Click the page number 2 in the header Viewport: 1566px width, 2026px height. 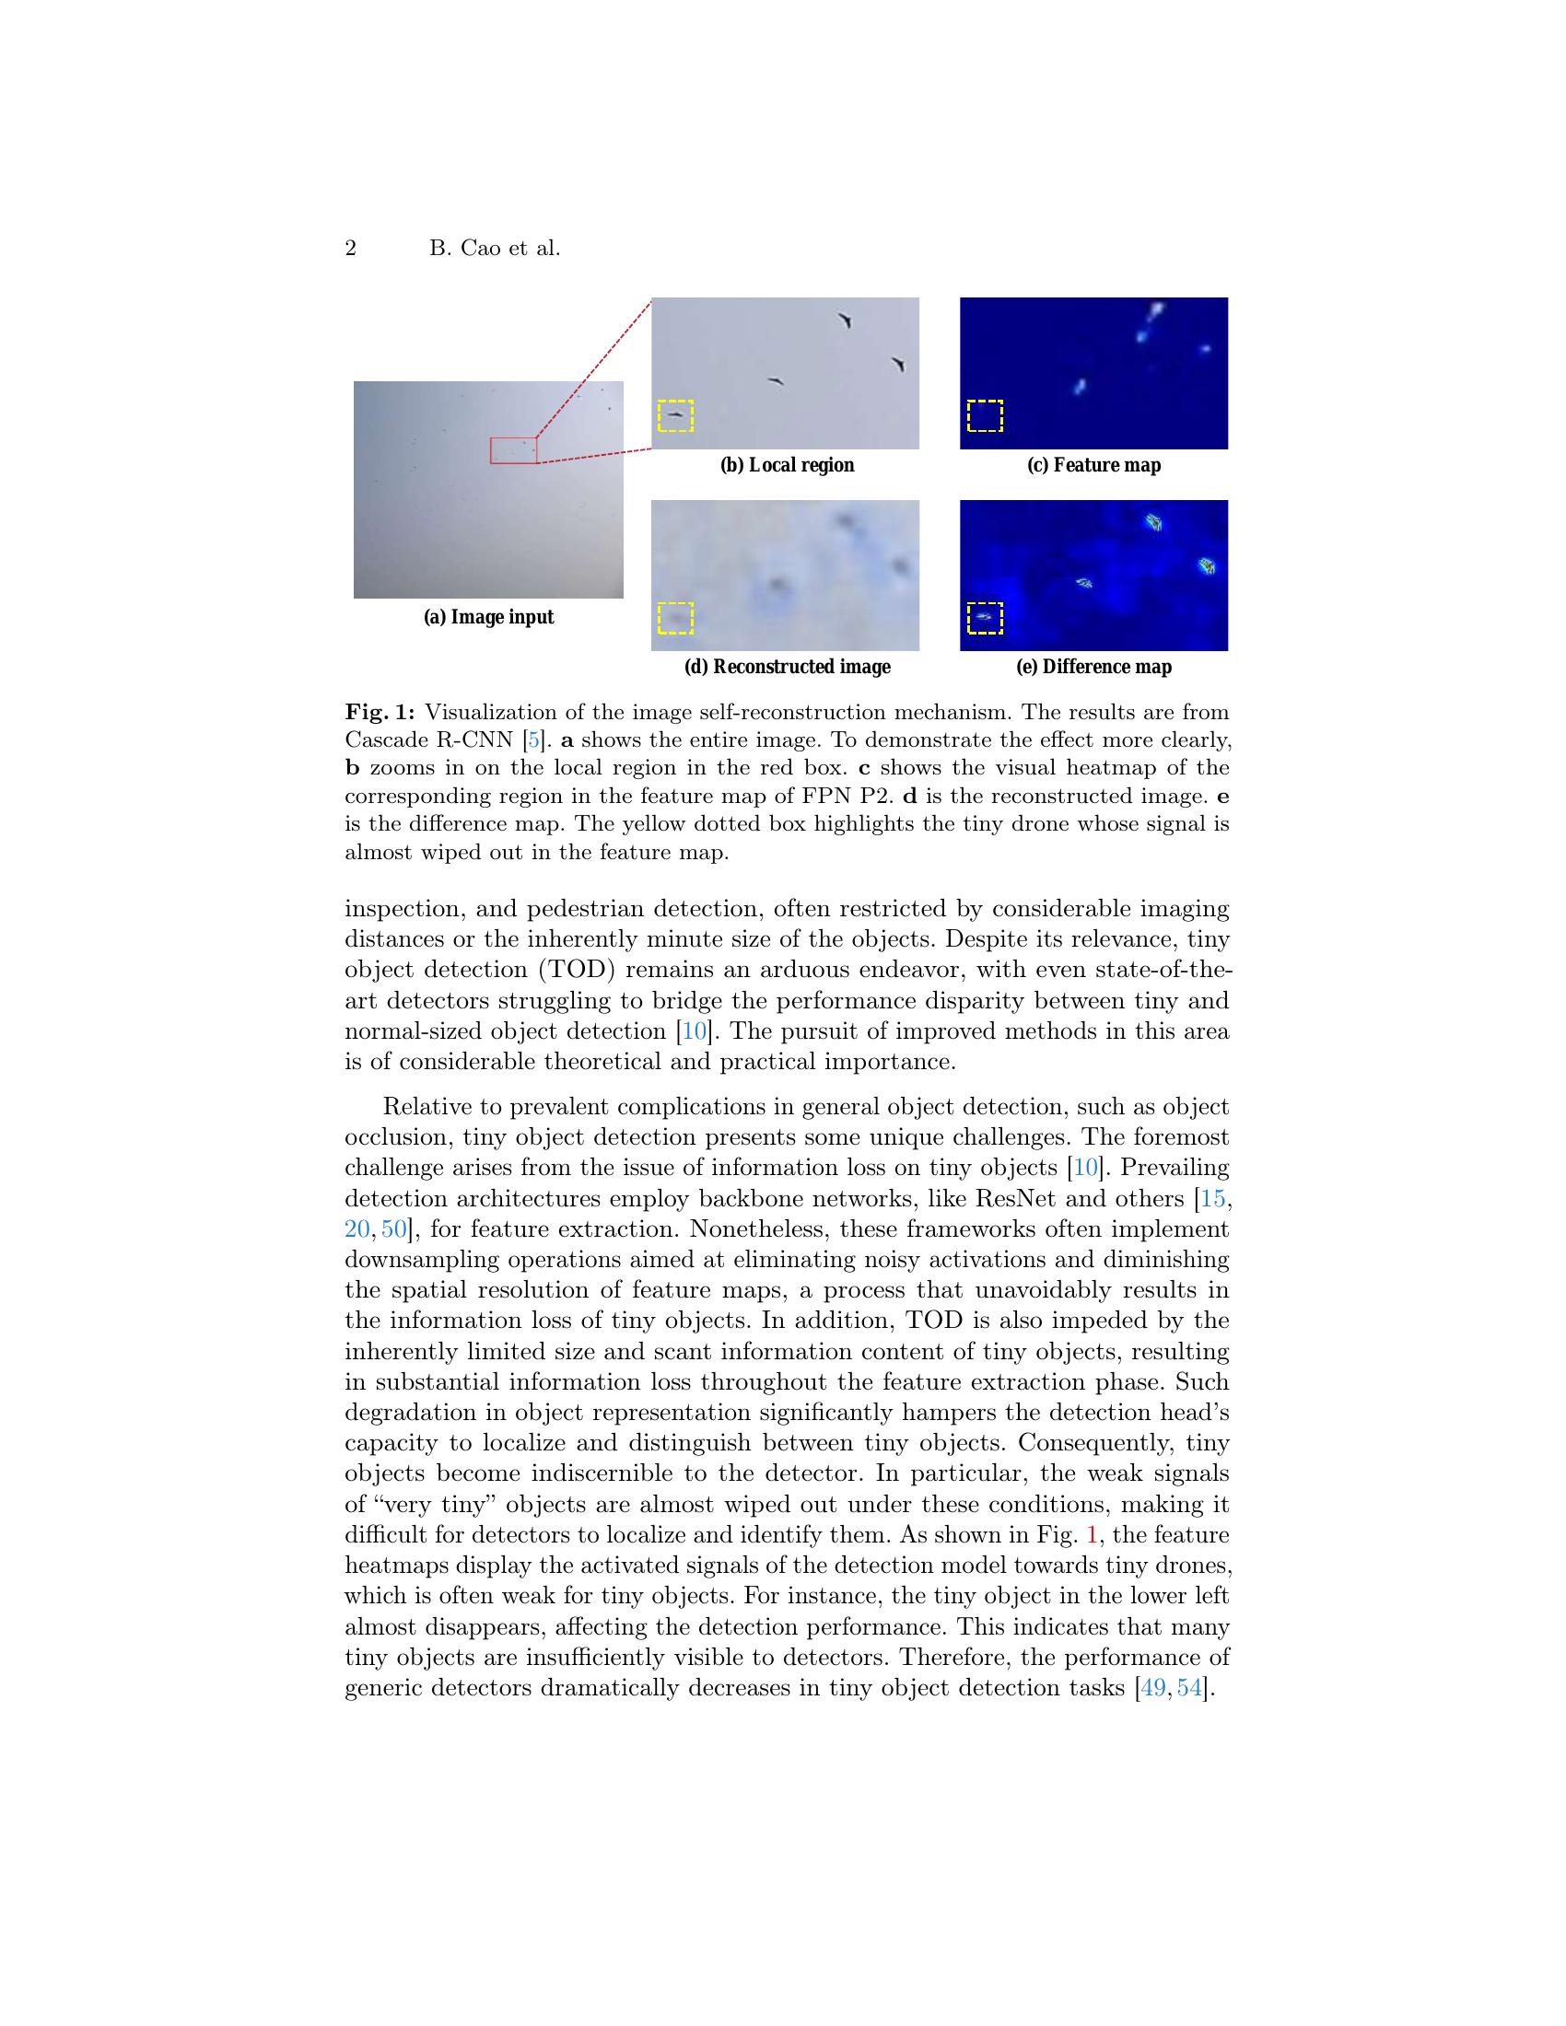[x=351, y=249]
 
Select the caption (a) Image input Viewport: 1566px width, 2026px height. [x=488, y=617]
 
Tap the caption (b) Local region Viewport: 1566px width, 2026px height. [x=787, y=465]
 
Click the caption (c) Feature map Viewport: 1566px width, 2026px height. [x=1093, y=465]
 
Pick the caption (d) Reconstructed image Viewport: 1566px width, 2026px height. [x=787, y=667]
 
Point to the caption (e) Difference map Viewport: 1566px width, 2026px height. [x=1093, y=667]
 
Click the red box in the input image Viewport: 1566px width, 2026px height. [x=513, y=450]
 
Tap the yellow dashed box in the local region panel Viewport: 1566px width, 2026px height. [x=675, y=416]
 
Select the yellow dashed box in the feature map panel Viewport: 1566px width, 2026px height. [x=986, y=416]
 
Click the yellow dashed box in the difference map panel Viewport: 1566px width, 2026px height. [x=986, y=618]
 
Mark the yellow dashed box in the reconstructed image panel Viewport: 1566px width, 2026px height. [x=675, y=618]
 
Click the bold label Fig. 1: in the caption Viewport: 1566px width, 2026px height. [x=380, y=713]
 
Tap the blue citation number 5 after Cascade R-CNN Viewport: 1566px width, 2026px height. [x=533, y=740]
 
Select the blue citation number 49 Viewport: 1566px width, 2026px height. [x=1153, y=1687]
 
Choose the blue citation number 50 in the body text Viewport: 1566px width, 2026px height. [x=393, y=1229]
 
